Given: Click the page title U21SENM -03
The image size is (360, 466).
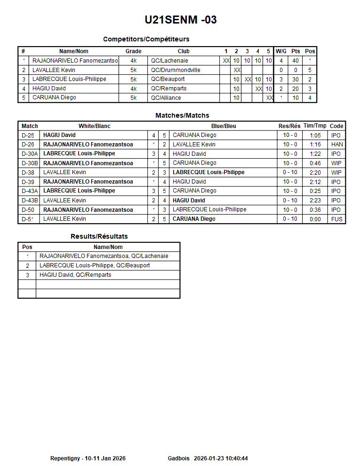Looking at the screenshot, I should (x=181, y=20).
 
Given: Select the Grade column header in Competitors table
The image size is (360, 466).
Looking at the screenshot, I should (x=133, y=51).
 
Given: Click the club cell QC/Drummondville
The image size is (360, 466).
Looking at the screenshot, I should (x=176, y=70).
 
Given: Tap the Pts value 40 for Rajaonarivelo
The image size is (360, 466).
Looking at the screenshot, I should (x=296, y=61).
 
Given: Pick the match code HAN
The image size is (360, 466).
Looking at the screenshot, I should (x=337, y=145).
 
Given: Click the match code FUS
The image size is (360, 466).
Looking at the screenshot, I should (x=337, y=219).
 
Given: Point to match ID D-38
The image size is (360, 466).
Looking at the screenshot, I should (x=28, y=172).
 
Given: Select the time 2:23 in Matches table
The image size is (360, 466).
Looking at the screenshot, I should (x=315, y=201).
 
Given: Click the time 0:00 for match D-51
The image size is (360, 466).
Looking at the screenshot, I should (x=315, y=219).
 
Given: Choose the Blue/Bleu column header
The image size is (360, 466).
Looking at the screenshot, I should (x=224, y=126).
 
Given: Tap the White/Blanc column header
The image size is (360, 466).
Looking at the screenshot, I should (x=94, y=126).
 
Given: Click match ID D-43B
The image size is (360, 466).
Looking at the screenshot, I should (x=30, y=201).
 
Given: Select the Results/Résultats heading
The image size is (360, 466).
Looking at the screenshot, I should (x=99, y=236).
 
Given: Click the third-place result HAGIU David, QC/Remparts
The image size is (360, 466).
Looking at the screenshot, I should (x=75, y=275).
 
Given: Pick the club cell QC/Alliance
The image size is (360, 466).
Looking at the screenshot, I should (x=166, y=98).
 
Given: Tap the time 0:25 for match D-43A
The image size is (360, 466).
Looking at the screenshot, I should (x=315, y=191).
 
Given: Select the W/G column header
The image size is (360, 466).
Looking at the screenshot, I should (x=281, y=51).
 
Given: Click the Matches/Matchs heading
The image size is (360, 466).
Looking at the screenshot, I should (x=182, y=115).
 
